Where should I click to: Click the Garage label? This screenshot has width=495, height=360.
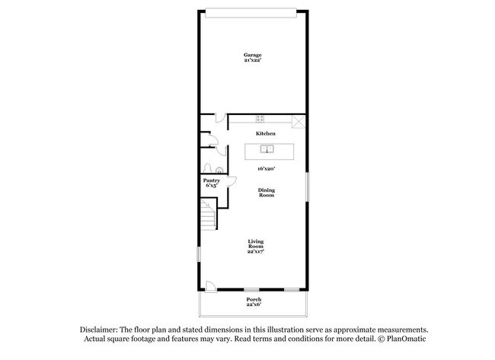tap(253, 55)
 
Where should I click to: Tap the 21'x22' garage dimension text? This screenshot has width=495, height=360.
tap(253, 61)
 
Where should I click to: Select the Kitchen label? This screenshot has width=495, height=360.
tap(265, 133)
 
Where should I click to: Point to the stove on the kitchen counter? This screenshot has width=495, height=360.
tap(260, 119)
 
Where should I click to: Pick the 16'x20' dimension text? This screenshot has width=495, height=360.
tap(265, 168)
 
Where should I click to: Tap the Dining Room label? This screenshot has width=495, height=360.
tap(265, 193)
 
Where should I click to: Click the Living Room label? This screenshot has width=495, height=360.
tap(255, 244)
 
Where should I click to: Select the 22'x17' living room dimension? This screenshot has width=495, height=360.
tap(255, 252)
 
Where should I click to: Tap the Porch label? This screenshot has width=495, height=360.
tap(254, 299)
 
